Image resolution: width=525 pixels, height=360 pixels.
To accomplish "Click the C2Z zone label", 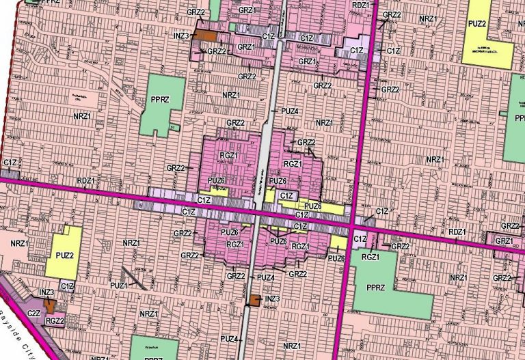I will point(33,313).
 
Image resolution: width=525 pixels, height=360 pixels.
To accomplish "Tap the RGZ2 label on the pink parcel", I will point(55,320).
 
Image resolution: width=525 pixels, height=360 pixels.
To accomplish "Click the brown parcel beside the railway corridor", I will point(252,300).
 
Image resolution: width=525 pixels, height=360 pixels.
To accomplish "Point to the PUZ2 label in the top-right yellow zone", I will point(477,23).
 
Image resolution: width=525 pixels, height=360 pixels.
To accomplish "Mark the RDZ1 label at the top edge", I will point(360,4).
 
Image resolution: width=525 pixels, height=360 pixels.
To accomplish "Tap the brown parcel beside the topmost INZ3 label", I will point(207,35).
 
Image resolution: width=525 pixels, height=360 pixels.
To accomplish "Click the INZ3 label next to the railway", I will point(272,299).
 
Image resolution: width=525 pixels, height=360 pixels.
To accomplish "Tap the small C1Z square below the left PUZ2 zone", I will point(67,286).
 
